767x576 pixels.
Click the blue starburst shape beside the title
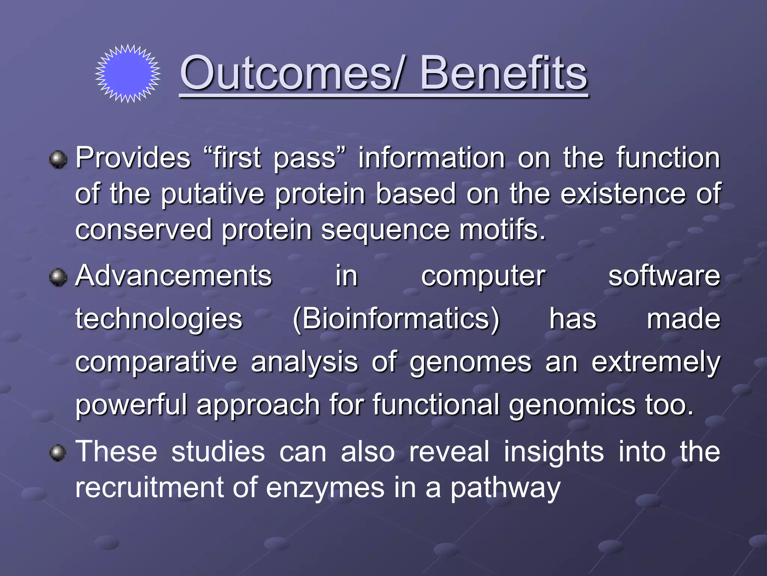(x=128, y=73)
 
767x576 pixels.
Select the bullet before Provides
(x=58, y=160)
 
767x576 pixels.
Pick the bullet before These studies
(x=58, y=453)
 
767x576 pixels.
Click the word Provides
(x=133, y=158)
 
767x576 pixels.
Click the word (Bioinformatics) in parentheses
(x=396, y=319)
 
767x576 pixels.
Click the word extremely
(x=655, y=363)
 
